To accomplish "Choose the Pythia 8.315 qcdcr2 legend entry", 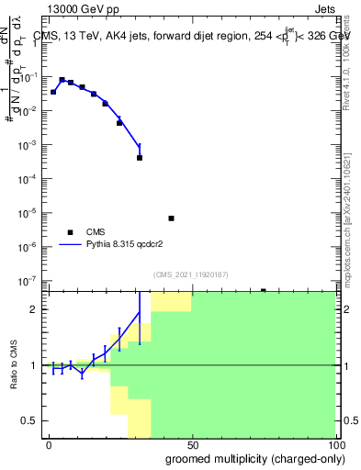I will (129, 245).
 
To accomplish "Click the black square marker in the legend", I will (70, 231).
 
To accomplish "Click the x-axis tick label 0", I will (49, 443).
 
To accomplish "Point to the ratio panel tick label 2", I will (31, 309).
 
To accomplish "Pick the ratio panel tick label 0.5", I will (28, 420).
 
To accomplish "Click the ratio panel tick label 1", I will (31, 365).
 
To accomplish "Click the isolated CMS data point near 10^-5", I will (171, 218).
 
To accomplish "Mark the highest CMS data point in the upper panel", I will (62, 80).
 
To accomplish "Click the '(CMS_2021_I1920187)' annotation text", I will (191, 274).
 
